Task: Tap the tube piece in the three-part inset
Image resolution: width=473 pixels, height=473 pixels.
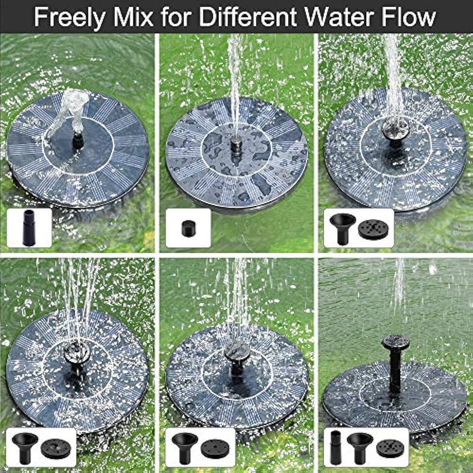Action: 336,447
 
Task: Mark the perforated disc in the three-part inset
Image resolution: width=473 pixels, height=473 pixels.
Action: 390,448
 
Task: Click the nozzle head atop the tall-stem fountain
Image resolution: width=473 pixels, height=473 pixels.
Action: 395,342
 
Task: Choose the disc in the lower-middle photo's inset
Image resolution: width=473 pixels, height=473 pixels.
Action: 215,448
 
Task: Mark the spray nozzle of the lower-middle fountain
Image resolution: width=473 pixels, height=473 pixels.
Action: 237,351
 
